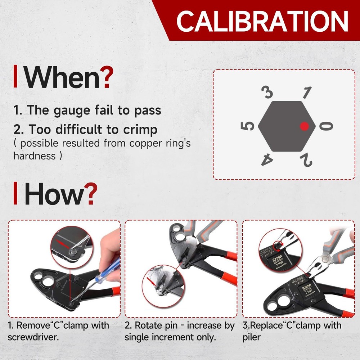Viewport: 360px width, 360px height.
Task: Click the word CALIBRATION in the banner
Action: (x=262, y=21)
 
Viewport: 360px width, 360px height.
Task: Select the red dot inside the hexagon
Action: (x=305, y=126)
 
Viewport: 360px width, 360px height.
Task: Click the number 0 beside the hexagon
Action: (x=327, y=126)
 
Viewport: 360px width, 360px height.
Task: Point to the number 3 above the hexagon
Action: (x=268, y=93)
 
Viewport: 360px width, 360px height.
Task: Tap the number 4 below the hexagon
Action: (x=267, y=159)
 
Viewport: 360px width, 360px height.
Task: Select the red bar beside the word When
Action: (x=15, y=76)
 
